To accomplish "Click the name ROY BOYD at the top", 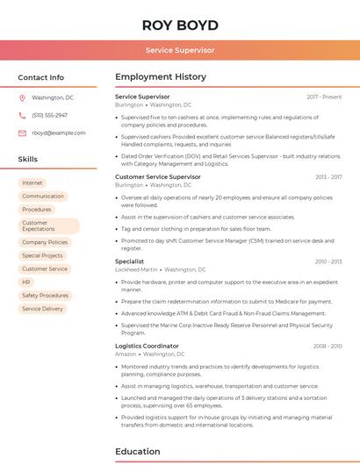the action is tap(180, 25).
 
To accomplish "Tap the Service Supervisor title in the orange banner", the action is tap(180, 50).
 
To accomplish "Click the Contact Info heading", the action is tap(40, 77).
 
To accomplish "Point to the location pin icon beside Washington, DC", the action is tap(22, 97).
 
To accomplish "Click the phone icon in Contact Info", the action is tap(22, 115).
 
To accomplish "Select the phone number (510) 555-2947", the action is tap(49, 115).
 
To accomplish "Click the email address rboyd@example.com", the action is tap(59, 133).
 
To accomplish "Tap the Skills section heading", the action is tap(28, 160).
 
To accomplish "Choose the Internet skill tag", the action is tap(32, 182).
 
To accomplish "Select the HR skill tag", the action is tap(26, 283).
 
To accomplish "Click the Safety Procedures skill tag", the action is tap(45, 296).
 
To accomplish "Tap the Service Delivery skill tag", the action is tap(42, 309).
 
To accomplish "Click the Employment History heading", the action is tap(161, 77).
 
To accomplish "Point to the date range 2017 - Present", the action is tap(324, 97).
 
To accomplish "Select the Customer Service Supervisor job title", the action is tap(158, 176).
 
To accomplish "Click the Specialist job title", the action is tap(129, 261).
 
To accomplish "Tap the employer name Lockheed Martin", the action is tap(136, 269).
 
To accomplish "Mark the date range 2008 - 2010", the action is tap(328, 347).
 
